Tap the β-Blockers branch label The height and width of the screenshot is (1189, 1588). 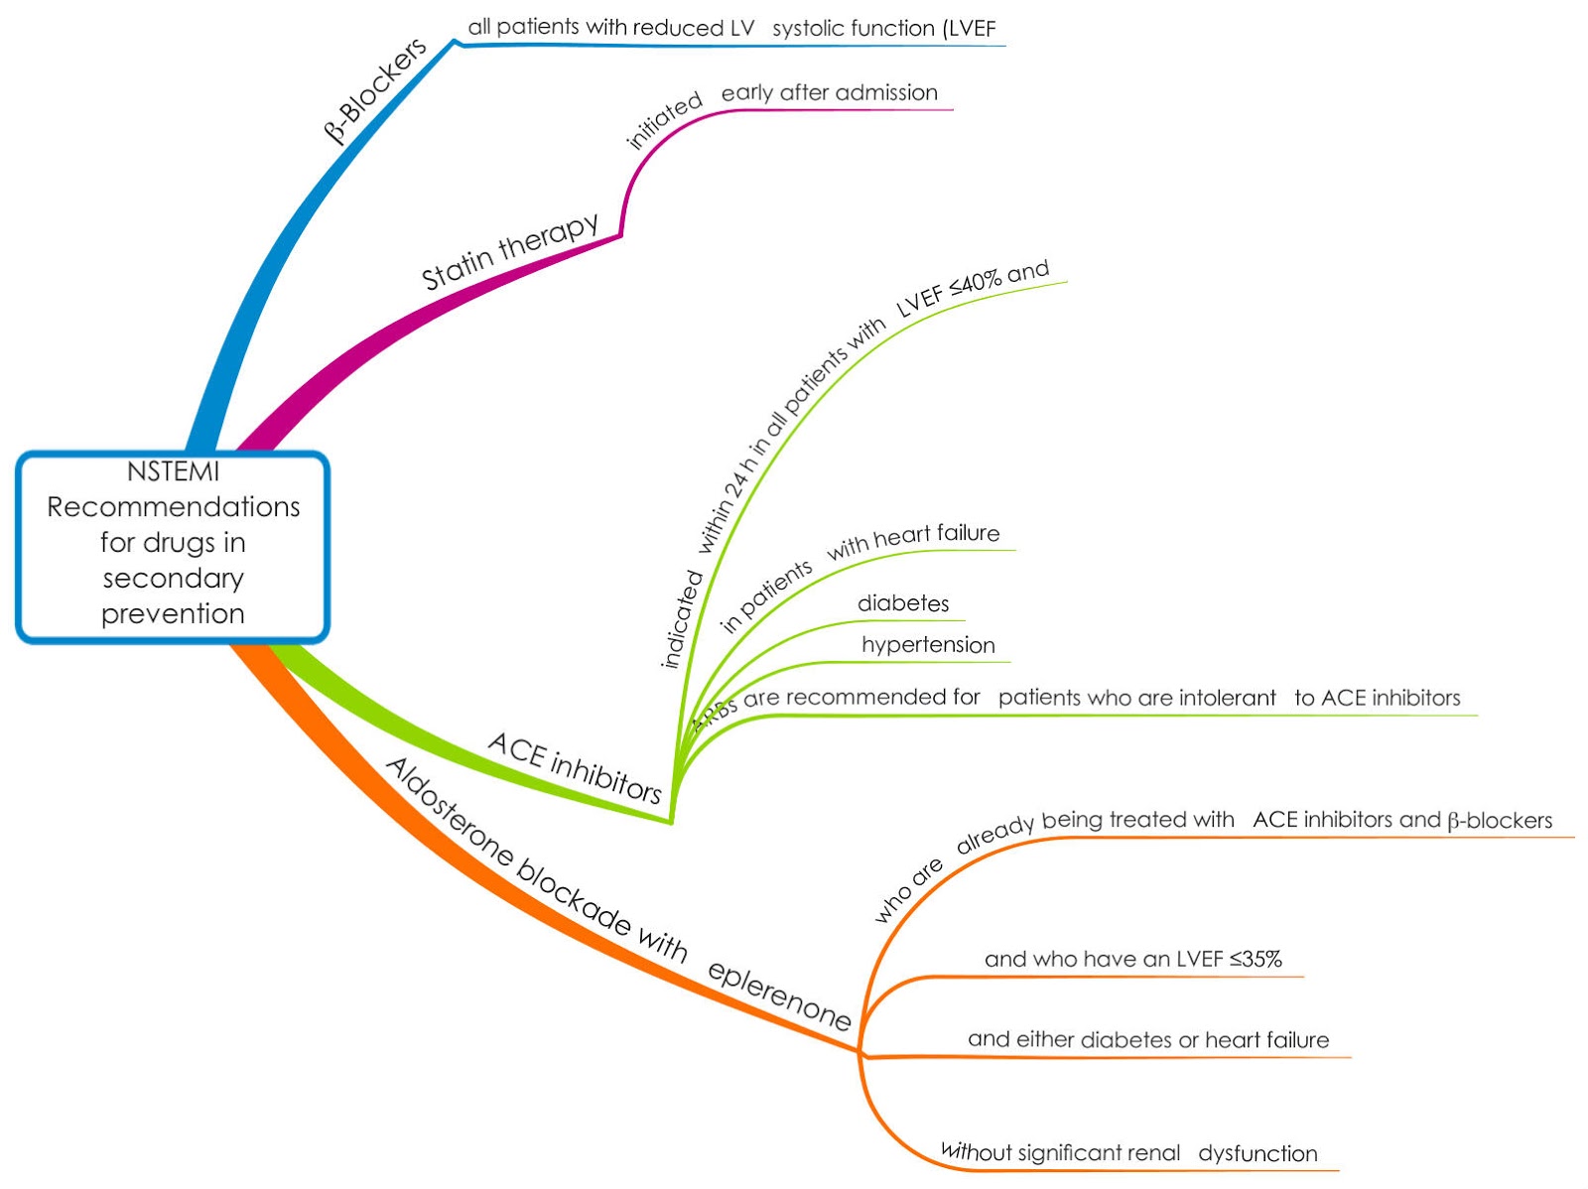point(375,89)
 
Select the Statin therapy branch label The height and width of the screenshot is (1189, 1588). point(510,250)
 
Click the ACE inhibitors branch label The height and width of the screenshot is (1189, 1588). point(575,767)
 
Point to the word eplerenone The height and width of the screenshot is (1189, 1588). point(779,995)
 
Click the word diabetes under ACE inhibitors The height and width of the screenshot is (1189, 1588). point(903,603)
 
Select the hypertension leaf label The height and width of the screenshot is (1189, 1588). point(928,645)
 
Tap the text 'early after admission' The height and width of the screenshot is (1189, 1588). point(829,93)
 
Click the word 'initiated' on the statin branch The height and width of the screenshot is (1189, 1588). point(664,120)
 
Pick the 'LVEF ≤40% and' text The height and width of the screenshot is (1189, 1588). point(972,289)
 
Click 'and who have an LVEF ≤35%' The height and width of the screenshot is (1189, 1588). point(1132,959)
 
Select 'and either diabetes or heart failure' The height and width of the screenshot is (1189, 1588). point(1148,1040)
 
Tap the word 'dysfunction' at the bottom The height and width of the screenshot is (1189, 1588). point(1257,1153)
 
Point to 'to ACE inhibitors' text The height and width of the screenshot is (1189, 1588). point(1377,698)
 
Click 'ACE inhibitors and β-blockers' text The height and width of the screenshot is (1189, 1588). point(1402,820)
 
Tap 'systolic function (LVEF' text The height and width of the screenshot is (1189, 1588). point(883,29)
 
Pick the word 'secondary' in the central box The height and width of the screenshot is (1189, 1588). point(173,578)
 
